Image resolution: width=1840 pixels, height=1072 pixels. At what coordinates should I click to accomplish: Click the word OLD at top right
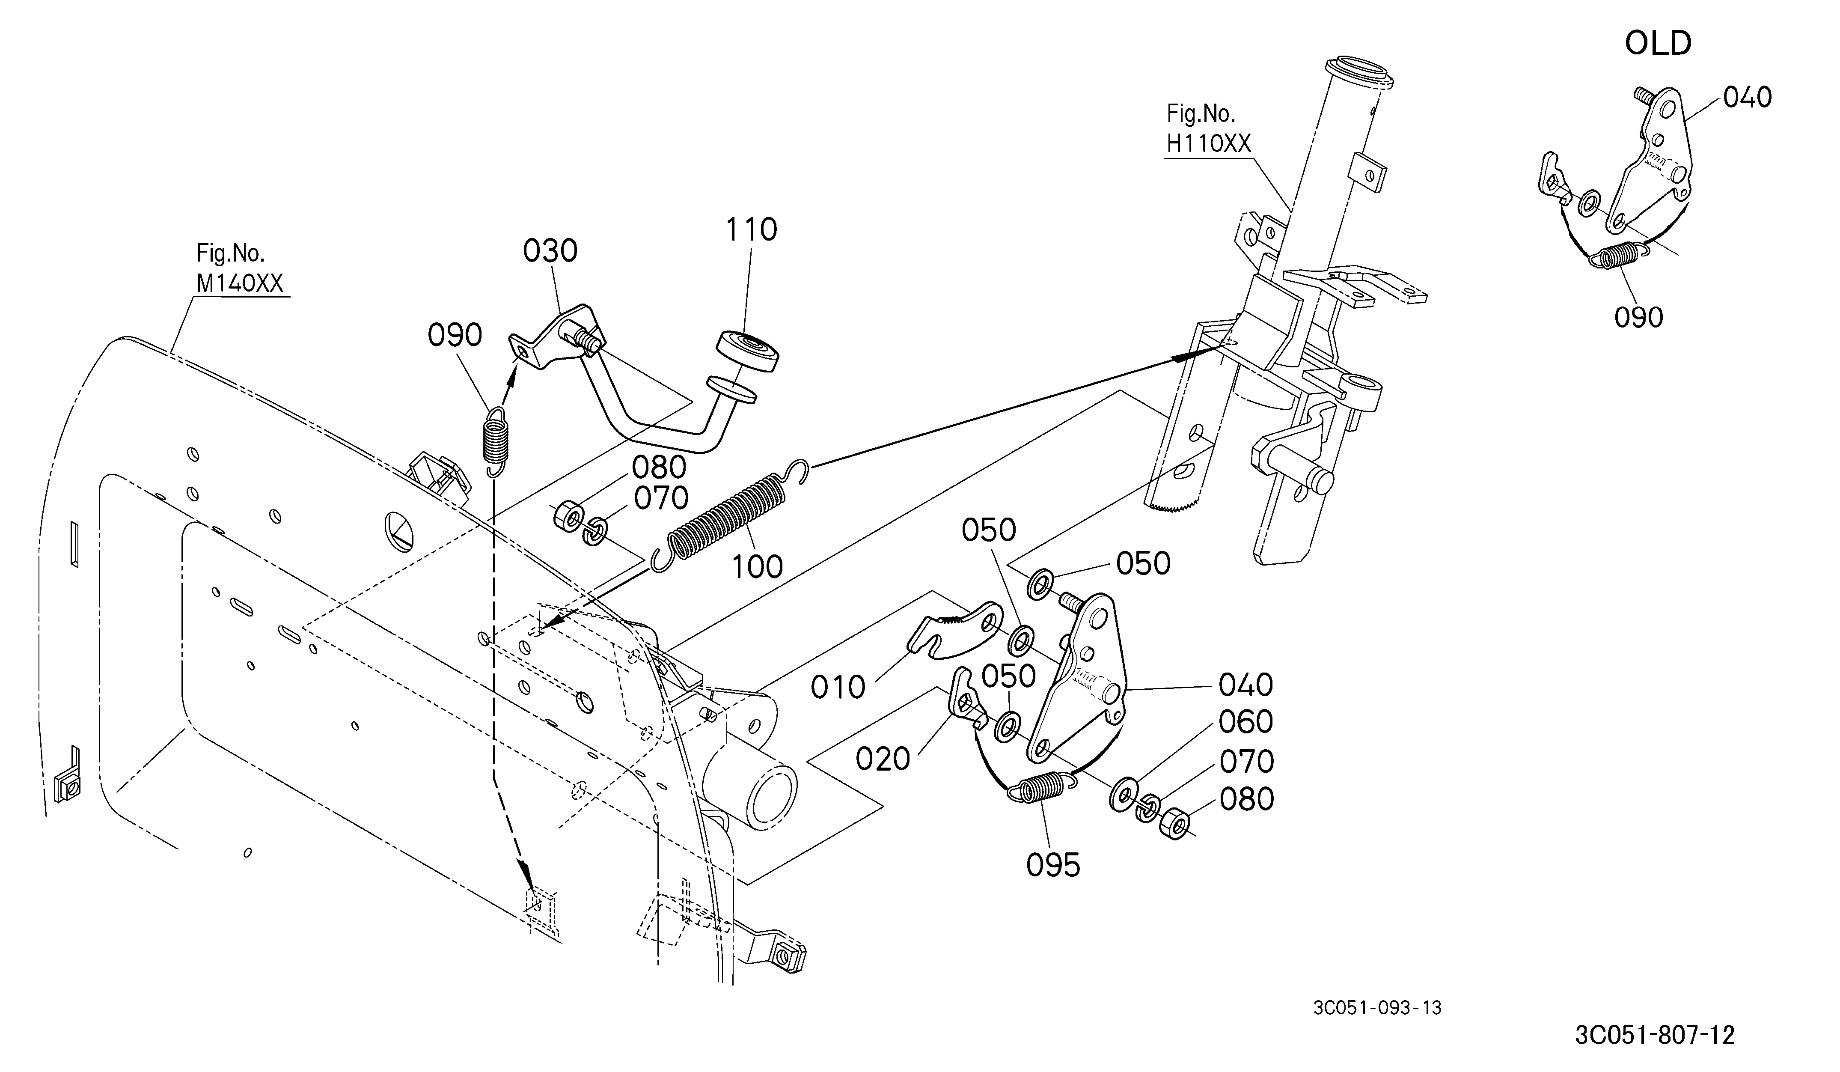(x=1658, y=44)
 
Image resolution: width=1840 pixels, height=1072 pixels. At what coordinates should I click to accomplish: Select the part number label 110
(x=751, y=230)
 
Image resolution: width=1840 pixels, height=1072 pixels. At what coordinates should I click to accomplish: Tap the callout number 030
(x=550, y=251)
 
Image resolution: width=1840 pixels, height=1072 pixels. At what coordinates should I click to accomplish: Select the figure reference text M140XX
(x=240, y=283)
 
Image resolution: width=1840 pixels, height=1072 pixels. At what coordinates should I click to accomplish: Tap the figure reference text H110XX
(x=1208, y=144)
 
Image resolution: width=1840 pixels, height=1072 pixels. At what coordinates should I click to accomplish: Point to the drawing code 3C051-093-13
(x=1377, y=1008)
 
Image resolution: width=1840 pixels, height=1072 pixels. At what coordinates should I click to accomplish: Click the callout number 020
(x=883, y=759)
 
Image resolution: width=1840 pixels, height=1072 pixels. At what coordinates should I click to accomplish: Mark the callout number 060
(x=1245, y=722)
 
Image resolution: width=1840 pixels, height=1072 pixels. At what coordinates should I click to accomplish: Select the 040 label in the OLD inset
(x=1747, y=97)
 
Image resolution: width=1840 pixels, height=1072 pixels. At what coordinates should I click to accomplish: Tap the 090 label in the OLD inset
(x=1638, y=318)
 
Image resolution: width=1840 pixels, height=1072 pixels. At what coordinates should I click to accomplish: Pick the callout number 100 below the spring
(x=757, y=567)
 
